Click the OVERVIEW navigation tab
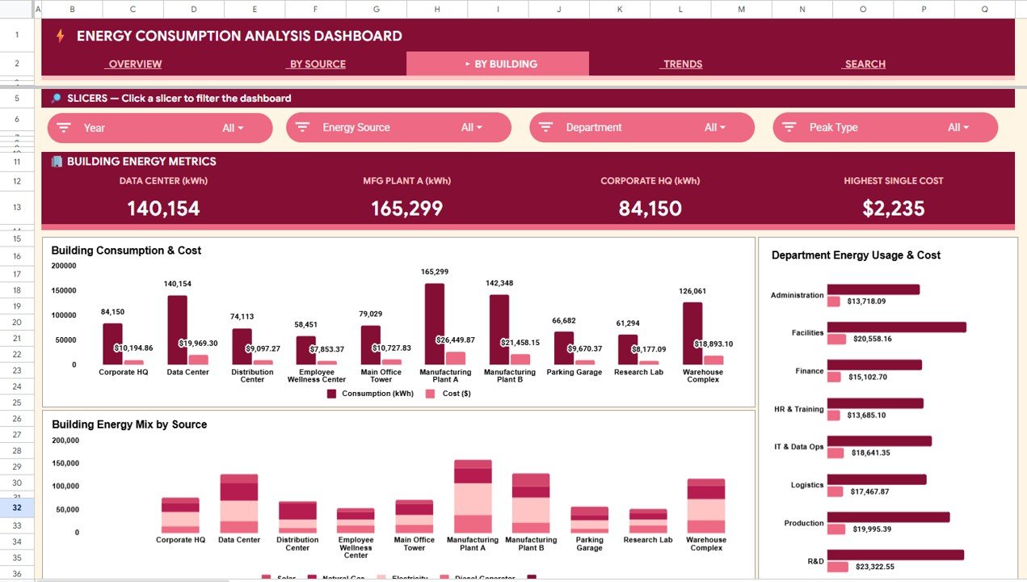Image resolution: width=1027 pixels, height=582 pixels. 135,64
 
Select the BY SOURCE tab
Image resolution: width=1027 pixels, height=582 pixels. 318,64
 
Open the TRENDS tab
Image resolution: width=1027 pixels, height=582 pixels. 682,64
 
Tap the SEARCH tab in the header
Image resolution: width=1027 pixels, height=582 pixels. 865,64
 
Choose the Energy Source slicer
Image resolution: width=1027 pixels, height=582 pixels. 398,128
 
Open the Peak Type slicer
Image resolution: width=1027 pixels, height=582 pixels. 885,128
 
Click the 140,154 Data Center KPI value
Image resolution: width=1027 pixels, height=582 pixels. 163,209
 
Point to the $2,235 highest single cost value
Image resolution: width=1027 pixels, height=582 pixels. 893,209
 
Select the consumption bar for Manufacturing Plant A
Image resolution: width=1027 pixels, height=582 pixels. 435,323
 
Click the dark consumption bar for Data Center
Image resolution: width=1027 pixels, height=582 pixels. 177,330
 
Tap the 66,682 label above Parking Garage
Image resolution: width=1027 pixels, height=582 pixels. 565,321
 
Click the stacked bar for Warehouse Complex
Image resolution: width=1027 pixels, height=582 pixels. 705,505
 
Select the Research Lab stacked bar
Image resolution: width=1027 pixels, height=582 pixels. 648,521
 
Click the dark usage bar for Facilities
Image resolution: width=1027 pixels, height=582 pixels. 896,327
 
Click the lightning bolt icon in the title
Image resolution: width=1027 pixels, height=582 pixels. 60,36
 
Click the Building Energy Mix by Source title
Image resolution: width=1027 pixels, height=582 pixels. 129,424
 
